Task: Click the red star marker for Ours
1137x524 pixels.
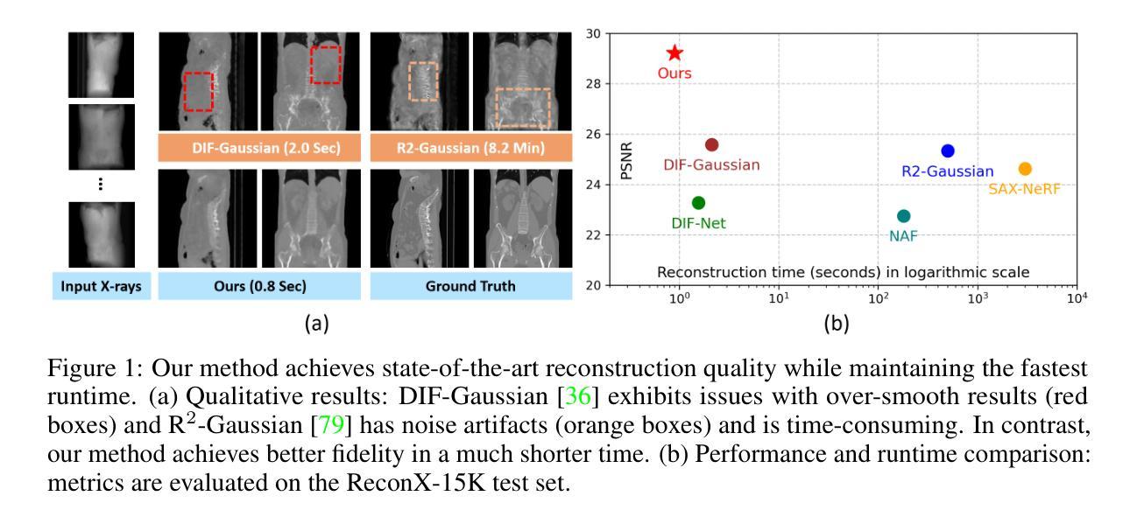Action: pos(674,52)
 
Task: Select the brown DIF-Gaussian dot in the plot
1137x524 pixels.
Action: pos(711,145)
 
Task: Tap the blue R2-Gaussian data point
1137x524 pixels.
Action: pos(947,150)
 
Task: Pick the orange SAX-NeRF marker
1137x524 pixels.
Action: pos(1025,169)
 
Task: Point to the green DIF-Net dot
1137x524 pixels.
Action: pos(698,203)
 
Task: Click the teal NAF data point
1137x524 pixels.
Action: pos(903,216)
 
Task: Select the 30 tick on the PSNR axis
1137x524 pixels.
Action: pos(593,34)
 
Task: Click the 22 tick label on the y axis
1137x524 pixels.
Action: pos(593,235)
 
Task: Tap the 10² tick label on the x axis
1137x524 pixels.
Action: pos(878,298)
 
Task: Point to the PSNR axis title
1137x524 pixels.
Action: pos(627,161)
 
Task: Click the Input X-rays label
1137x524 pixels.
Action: pos(101,286)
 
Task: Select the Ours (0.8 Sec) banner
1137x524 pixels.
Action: pos(259,286)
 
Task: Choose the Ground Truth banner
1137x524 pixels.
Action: pos(470,286)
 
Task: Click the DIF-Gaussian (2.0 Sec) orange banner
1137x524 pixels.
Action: pos(259,148)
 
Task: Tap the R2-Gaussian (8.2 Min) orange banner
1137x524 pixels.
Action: pos(470,148)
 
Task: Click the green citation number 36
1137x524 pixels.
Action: pos(578,396)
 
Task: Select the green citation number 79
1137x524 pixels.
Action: pos(331,424)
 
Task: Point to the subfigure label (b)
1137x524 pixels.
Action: pos(836,324)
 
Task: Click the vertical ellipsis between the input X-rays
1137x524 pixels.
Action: pos(101,184)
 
